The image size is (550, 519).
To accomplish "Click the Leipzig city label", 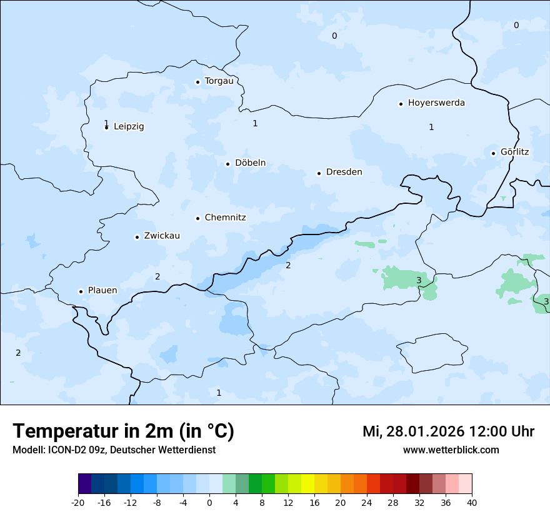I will pyautogui.click(x=129, y=126).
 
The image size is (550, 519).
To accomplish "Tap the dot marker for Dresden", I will pyautogui.click(x=319, y=173).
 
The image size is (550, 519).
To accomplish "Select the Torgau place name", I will pyautogui.click(x=219, y=81).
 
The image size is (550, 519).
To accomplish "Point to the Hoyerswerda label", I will pyautogui.click(x=436, y=103).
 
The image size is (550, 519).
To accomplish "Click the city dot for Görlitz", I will pyautogui.click(x=493, y=153).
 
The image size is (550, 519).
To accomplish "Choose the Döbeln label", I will pyautogui.click(x=250, y=163).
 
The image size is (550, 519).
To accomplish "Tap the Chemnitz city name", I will pyautogui.click(x=225, y=218).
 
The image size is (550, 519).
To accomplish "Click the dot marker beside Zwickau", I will pyautogui.click(x=137, y=237).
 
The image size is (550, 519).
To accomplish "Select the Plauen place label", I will pyautogui.click(x=102, y=290).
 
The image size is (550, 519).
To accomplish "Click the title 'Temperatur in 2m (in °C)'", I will pyautogui.click(x=123, y=431).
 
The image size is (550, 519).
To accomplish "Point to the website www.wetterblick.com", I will pyautogui.click(x=451, y=450).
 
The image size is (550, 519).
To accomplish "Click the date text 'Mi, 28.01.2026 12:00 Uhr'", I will pyautogui.click(x=448, y=431).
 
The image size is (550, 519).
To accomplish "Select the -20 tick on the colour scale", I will pyautogui.click(x=78, y=502).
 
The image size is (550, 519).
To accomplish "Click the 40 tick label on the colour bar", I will pyautogui.click(x=472, y=502).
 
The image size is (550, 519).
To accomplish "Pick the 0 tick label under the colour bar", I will pyautogui.click(x=209, y=502).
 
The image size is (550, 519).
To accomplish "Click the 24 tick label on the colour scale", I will pyautogui.click(x=367, y=502).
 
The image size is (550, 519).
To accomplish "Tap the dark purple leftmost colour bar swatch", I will pyautogui.click(x=84, y=484).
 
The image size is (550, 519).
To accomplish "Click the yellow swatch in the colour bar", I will pyautogui.click(x=307, y=484).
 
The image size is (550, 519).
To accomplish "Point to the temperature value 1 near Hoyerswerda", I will pyautogui.click(x=431, y=127).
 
